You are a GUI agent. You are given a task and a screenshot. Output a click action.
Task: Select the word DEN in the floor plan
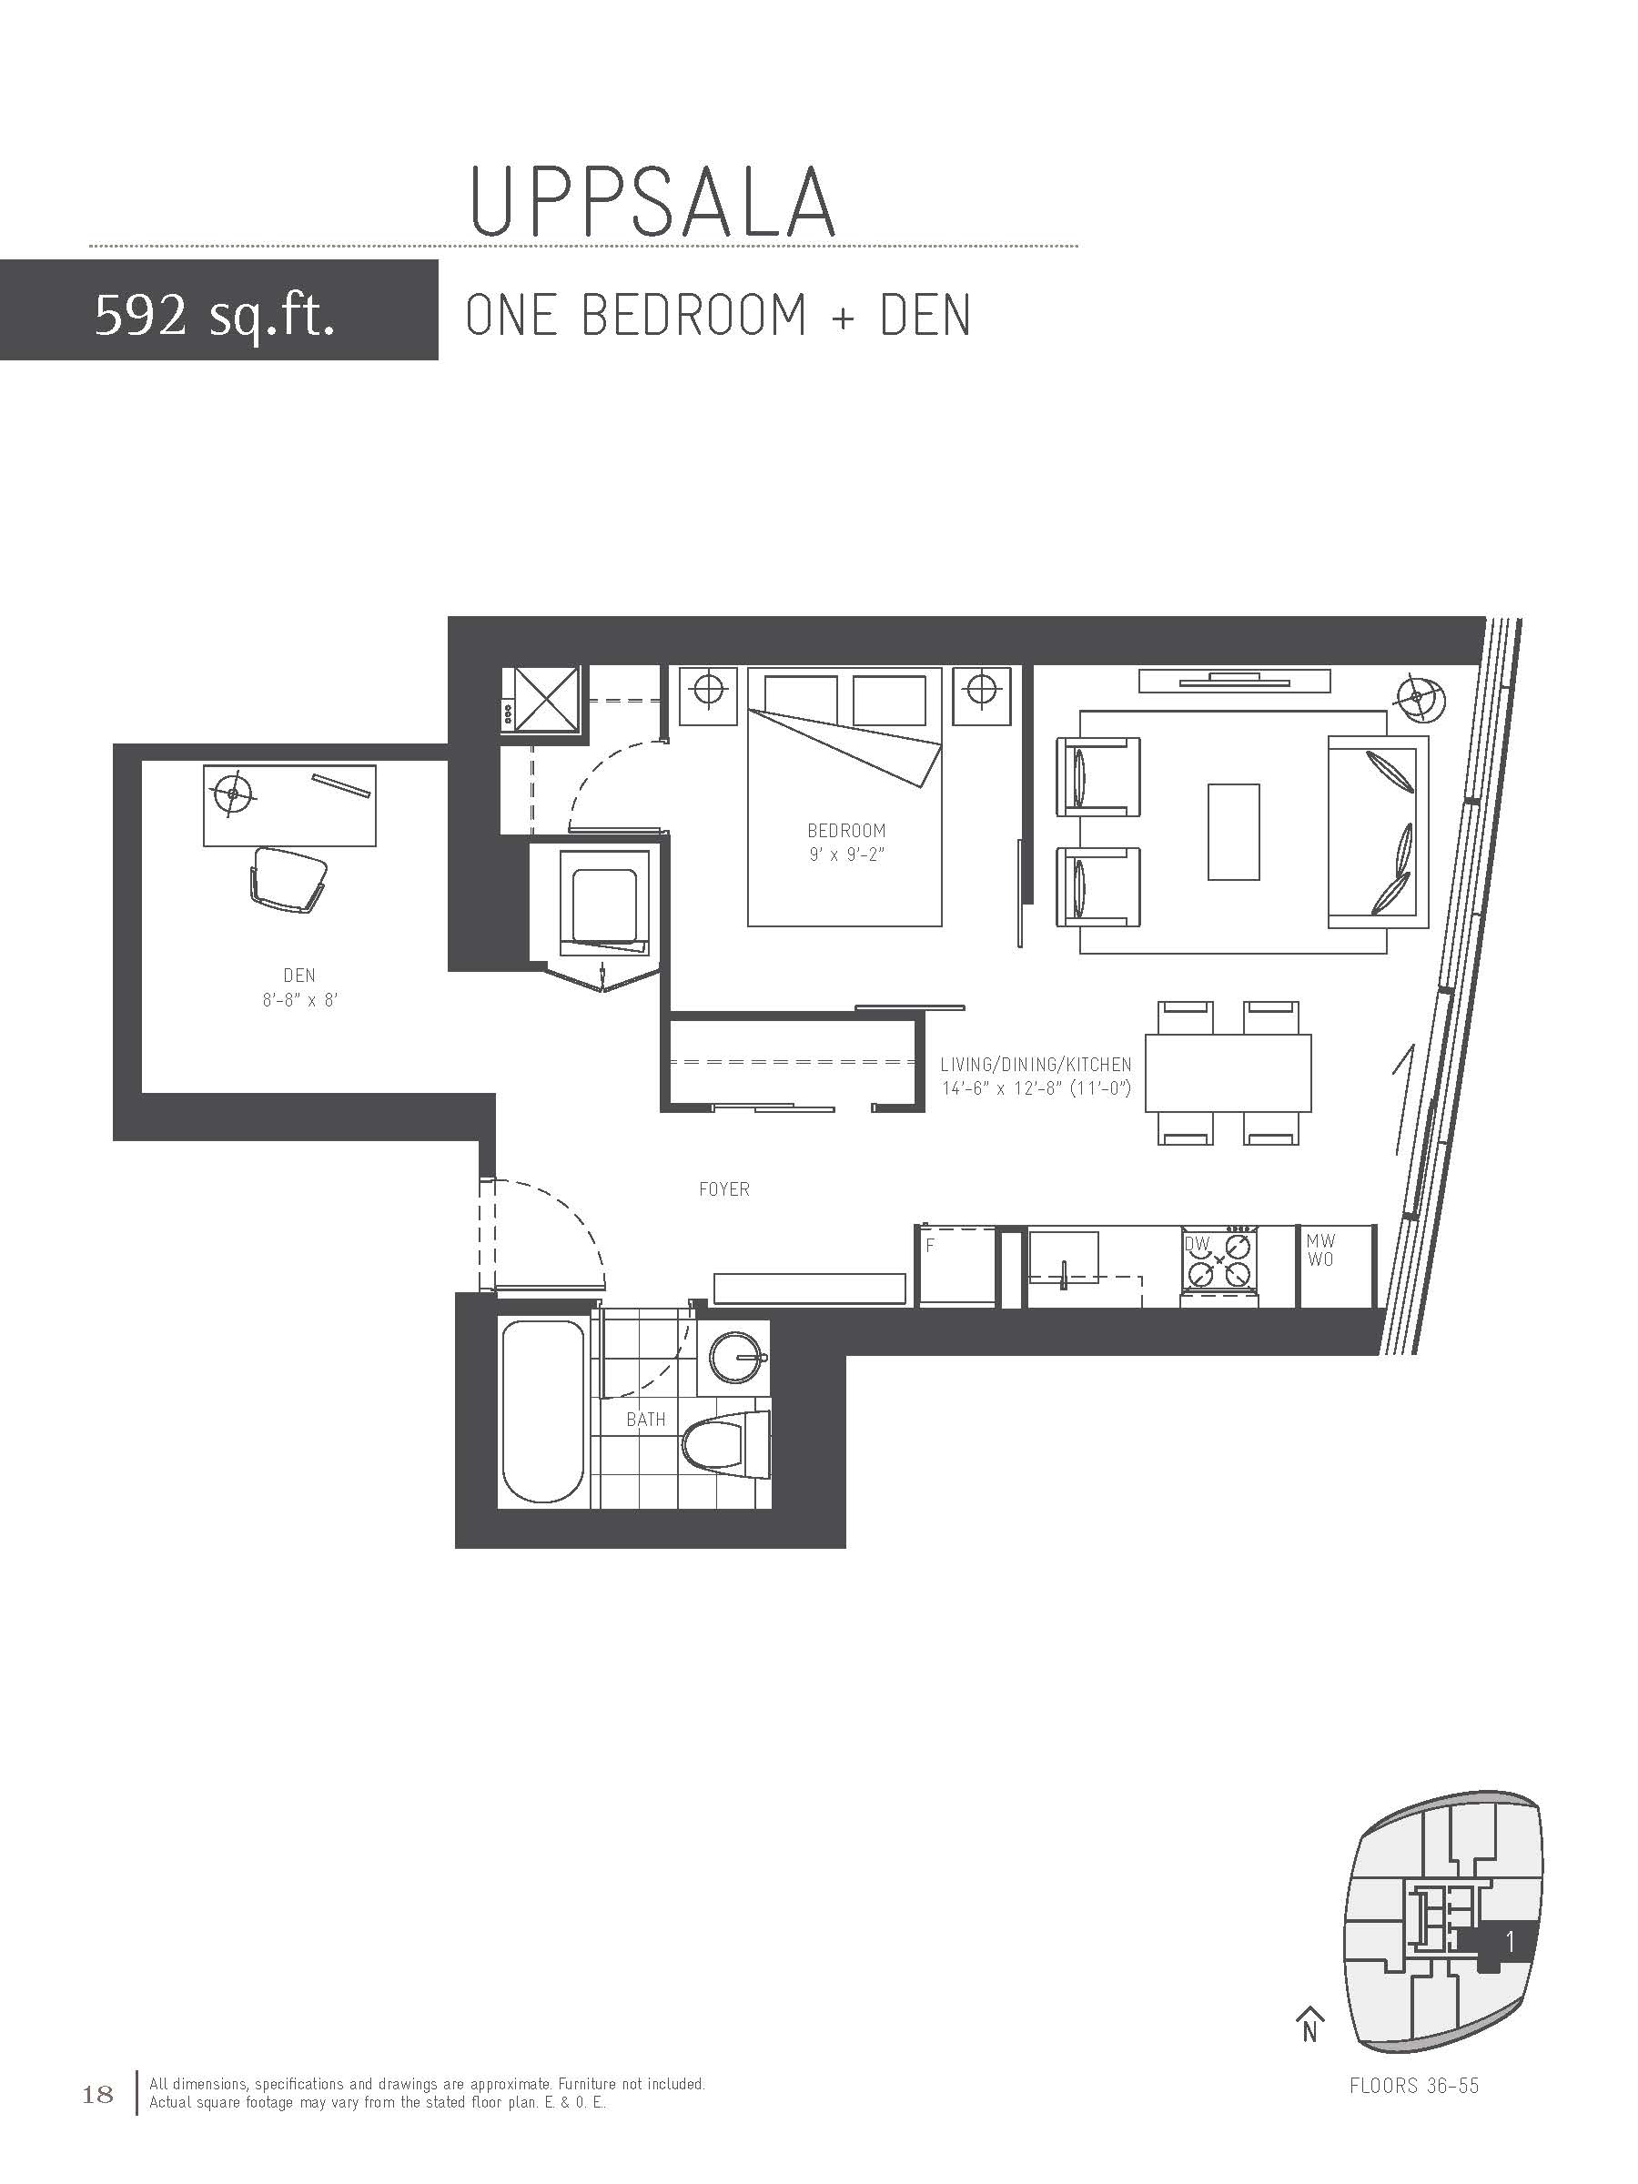[299, 976]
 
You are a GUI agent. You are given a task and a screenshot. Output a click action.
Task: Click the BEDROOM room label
[846, 830]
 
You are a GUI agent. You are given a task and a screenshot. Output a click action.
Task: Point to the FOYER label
[723, 1188]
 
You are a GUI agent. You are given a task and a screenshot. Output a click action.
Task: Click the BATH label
[646, 1419]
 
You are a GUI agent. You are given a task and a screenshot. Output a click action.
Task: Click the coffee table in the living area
[1233, 832]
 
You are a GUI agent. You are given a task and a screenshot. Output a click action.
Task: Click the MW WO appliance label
[1320, 1250]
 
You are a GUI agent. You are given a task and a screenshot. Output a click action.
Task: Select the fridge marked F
[955, 1266]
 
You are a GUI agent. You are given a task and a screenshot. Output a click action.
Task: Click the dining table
[1228, 1072]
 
